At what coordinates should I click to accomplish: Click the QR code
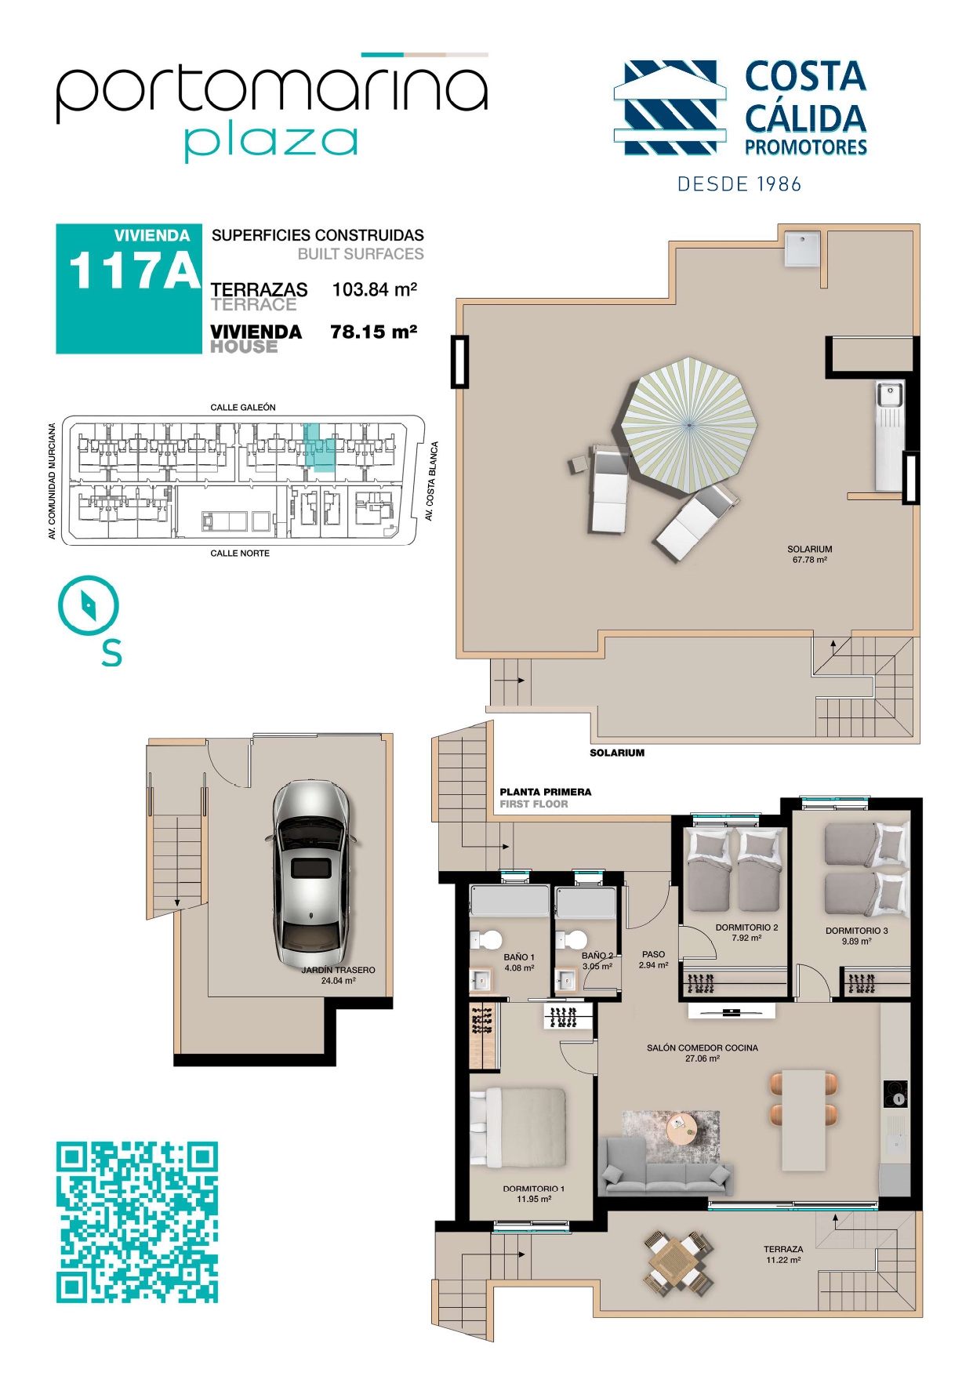pyautogui.click(x=136, y=1222)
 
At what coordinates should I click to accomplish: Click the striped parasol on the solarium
pyautogui.click(x=689, y=425)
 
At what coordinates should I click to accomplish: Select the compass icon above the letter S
pyautogui.click(x=88, y=605)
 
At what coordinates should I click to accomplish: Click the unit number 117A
pyautogui.click(x=135, y=271)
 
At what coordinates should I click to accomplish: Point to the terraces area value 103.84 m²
pyautogui.click(x=375, y=289)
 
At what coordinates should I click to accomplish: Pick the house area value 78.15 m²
pyautogui.click(x=374, y=332)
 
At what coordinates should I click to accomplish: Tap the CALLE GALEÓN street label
pyautogui.click(x=243, y=408)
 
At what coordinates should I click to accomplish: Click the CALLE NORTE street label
pyautogui.click(x=240, y=554)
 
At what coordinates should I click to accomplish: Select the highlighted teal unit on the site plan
pyautogui.click(x=318, y=448)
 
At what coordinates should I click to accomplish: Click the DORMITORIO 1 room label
pyautogui.click(x=533, y=1189)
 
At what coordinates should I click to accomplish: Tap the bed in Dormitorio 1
pyautogui.click(x=518, y=1127)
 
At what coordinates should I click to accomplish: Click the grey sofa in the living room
pyautogui.click(x=666, y=1167)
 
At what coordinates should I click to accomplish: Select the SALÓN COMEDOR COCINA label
pyautogui.click(x=703, y=1047)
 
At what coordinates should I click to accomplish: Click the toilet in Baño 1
pyautogui.click(x=488, y=939)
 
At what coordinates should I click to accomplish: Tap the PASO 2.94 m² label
pyautogui.click(x=653, y=960)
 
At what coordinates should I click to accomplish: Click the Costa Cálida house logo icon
pyautogui.click(x=668, y=107)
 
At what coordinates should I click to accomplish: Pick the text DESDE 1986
pyautogui.click(x=739, y=184)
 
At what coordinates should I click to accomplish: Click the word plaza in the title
pyautogui.click(x=271, y=143)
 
